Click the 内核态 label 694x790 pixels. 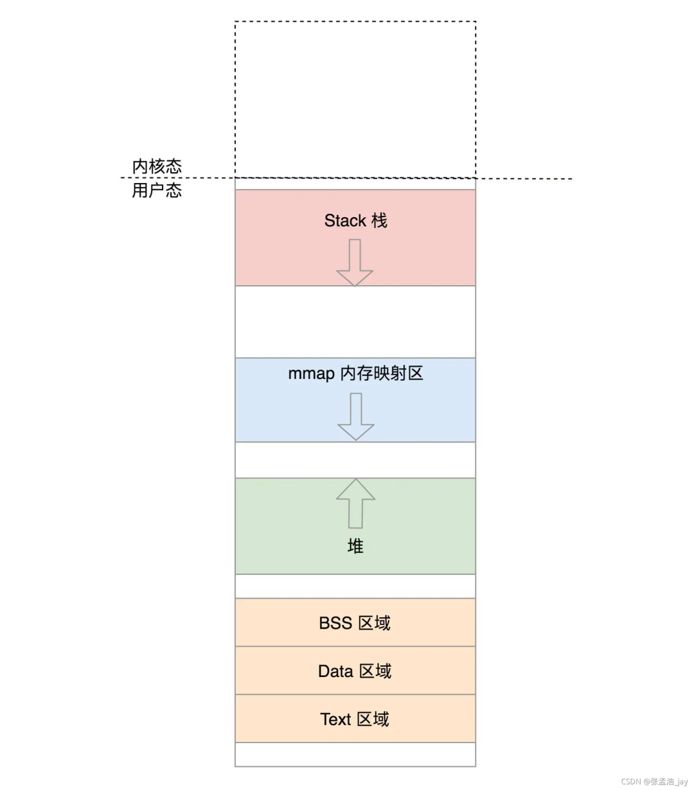coord(157,166)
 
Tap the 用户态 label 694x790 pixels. coord(157,190)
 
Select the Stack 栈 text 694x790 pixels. coord(356,221)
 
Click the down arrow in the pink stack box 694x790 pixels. coord(355,263)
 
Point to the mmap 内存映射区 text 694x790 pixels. coord(356,373)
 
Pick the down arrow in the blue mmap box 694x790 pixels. coord(356,417)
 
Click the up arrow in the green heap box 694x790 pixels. coord(356,504)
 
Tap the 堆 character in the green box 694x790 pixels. coord(355,547)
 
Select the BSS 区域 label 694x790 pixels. coord(355,623)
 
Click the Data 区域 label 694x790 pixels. coord(355,671)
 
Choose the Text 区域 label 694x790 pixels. coord(355,719)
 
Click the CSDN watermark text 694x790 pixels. coord(654,782)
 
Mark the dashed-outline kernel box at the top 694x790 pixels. coord(355,100)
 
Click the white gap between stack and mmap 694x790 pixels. coord(355,322)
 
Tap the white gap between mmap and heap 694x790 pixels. coord(355,460)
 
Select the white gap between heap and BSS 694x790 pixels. coord(355,586)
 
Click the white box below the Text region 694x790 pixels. coord(355,755)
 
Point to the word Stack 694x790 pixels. coord(345,221)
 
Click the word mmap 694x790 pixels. coord(311,374)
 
